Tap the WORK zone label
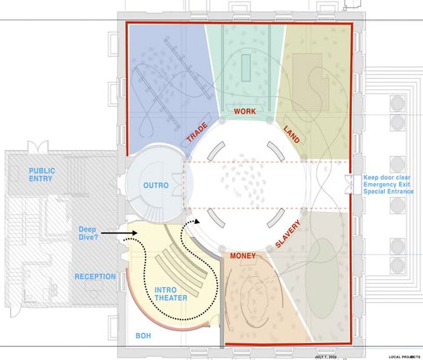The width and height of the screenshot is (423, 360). (245, 112)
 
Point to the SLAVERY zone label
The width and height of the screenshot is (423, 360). (288, 234)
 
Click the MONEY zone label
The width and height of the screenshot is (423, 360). (243, 256)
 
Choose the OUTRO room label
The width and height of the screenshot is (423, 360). (156, 185)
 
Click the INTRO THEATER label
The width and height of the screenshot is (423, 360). (171, 294)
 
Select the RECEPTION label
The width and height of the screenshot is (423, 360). (95, 277)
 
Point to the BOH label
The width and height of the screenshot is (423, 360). (143, 336)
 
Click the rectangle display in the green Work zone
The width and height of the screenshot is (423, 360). (245, 70)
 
